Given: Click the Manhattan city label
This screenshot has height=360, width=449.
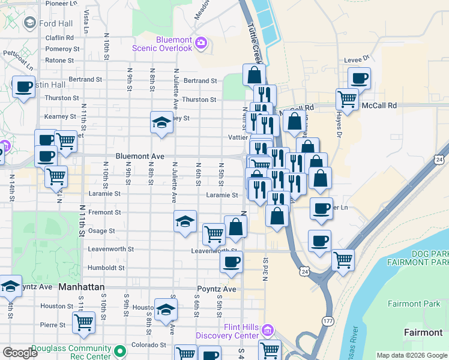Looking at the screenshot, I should (x=82, y=287).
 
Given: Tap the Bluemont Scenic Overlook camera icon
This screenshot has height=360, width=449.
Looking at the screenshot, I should (x=200, y=43).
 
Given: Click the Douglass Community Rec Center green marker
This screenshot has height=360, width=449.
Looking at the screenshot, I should (x=121, y=350).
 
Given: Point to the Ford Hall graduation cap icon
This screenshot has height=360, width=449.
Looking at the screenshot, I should (x=29, y=23).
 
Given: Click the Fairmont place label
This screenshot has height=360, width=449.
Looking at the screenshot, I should (x=423, y=332).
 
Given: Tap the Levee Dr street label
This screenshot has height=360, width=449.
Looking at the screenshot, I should (x=358, y=60).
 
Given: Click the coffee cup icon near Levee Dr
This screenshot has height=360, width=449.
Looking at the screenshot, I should (x=360, y=78).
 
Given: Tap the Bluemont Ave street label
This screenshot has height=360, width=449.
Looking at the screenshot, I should (x=140, y=156).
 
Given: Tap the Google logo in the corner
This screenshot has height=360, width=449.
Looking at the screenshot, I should (x=20, y=353).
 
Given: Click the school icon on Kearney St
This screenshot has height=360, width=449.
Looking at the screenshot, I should (x=161, y=124).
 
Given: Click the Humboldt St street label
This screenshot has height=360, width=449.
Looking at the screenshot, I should (x=105, y=268).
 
